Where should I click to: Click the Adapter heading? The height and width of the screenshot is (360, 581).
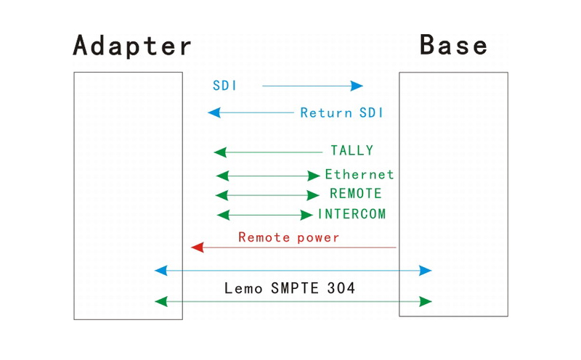pyautogui.click(x=132, y=46)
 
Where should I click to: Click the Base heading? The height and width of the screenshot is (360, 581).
pyautogui.click(x=453, y=44)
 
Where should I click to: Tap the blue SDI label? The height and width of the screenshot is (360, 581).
pyautogui.click(x=224, y=86)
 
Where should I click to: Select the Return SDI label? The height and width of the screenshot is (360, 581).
pyautogui.click(x=341, y=112)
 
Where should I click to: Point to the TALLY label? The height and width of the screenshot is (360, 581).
pyautogui.click(x=352, y=150)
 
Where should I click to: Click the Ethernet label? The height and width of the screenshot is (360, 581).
pyautogui.click(x=359, y=174)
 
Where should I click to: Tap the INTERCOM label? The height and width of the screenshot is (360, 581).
pyautogui.click(x=352, y=213)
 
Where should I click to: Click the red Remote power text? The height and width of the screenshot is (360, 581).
pyautogui.click(x=288, y=237)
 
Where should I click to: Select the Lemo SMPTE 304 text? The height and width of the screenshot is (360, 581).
pyautogui.click(x=290, y=288)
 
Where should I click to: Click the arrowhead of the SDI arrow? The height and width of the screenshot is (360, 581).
pyautogui.click(x=357, y=86)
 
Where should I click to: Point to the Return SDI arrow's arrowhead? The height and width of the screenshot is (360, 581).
pyautogui.click(x=214, y=112)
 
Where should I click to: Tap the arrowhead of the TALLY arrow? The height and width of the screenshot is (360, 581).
pyautogui.click(x=220, y=152)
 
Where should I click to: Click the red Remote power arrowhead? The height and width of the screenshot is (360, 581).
pyautogui.click(x=197, y=247)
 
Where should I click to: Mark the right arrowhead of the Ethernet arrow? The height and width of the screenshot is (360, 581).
pyautogui.click(x=314, y=176)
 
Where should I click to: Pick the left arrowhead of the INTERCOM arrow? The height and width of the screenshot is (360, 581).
pyautogui.click(x=223, y=215)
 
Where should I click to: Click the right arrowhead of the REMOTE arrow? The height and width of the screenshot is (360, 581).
pyautogui.click(x=313, y=195)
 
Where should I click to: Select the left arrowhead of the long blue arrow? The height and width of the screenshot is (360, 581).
pyautogui.click(x=161, y=271)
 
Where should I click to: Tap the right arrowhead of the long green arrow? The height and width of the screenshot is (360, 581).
pyautogui.click(x=426, y=301)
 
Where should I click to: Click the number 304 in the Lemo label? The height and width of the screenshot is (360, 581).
pyautogui.click(x=341, y=288)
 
